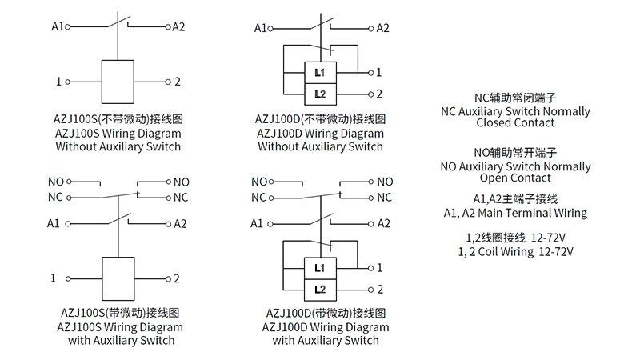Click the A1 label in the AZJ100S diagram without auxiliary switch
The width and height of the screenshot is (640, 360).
point(58,26)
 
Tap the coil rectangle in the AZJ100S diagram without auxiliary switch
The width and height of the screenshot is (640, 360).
point(118,81)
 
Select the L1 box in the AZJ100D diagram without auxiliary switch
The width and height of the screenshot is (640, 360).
point(320,73)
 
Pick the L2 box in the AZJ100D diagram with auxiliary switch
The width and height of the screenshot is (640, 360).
point(320,289)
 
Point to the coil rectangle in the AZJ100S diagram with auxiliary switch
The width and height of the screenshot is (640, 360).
point(118,278)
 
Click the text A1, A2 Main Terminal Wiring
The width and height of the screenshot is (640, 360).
point(514,213)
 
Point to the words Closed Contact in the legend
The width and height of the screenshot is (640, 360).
point(514,123)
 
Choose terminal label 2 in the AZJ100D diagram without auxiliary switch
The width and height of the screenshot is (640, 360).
point(379,94)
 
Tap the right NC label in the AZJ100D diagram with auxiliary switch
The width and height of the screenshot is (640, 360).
point(385,198)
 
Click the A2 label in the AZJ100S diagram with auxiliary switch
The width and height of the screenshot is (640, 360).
point(180,223)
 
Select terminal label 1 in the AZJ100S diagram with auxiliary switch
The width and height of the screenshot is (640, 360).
point(54,278)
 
